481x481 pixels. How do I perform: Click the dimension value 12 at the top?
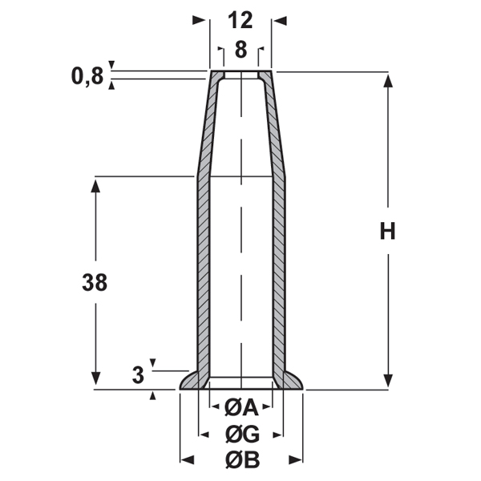[x=240, y=18]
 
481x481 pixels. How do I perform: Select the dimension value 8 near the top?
[x=240, y=49]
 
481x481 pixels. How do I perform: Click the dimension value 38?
[x=95, y=282]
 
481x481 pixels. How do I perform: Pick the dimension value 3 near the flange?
[x=138, y=374]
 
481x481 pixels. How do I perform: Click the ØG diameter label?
[x=240, y=435]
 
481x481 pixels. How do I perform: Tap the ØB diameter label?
[x=240, y=460]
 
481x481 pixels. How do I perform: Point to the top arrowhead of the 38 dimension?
[x=95, y=184]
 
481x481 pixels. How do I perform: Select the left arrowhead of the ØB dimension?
[x=186, y=460]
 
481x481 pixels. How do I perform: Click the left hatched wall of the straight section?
[x=202, y=273]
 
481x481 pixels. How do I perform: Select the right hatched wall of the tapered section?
[x=275, y=128]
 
